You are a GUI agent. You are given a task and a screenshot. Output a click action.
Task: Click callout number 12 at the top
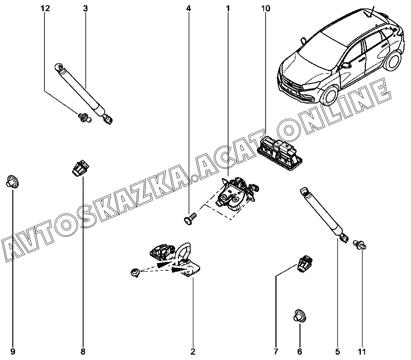tap(45, 9)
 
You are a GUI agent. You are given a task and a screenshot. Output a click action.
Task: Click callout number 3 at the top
tap(85, 9)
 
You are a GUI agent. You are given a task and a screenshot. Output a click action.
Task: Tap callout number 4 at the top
tap(189, 9)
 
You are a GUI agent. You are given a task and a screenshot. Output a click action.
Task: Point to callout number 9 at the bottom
tap(13, 351)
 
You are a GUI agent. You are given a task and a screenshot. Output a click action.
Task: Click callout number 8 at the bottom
tap(83, 351)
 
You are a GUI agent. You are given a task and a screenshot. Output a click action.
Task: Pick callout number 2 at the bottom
tap(193, 351)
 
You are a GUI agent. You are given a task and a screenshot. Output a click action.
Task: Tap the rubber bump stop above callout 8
tap(81, 169)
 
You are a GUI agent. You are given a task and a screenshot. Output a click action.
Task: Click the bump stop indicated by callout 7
tap(304, 264)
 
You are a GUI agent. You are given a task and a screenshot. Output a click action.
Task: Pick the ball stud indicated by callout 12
tap(85, 117)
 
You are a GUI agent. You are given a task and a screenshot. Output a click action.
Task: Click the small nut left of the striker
tap(135, 273)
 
